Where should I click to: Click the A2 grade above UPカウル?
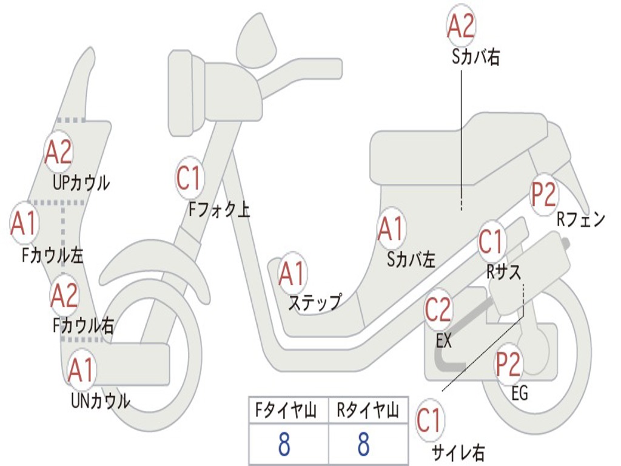click(x=59, y=152)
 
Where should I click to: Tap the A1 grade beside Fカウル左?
click(x=24, y=223)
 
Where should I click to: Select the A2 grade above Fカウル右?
click(x=64, y=295)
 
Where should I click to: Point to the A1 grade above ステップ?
click(x=293, y=274)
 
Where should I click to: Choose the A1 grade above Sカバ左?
click(x=391, y=229)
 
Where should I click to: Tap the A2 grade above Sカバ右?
click(x=460, y=26)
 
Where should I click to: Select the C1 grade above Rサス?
click(x=491, y=241)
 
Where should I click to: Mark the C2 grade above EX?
click(x=438, y=309)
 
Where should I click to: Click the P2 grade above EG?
click(x=508, y=363)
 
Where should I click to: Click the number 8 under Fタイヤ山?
click(x=284, y=444)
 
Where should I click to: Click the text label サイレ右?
click(x=458, y=453)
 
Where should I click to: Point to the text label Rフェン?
click(x=580, y=220)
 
